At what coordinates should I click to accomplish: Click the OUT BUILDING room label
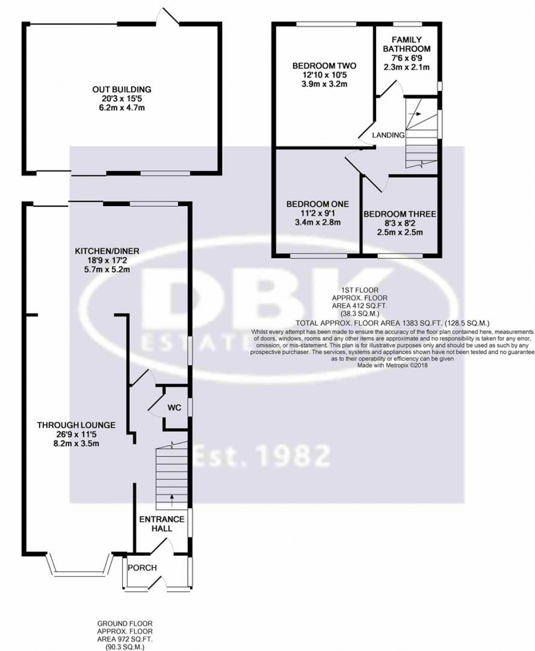(x=122, y=89)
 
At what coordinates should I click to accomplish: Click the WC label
(x=174, y=408)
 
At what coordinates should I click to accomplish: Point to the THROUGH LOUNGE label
(x=76, y=425)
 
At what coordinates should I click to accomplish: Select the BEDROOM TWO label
(x=324, y=66)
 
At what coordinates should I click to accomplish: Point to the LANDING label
(x=388, y=135)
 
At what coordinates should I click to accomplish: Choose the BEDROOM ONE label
(x=318, y=204)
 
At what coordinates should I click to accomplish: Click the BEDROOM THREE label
(x=400, y=214)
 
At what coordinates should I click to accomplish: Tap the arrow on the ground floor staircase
(x=172, y=498)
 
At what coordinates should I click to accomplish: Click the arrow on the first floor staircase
(x=416, y=113)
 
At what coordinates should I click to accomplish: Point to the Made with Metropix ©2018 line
(x=392, y=366)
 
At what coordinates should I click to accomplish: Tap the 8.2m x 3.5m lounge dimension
(x=76, y=444)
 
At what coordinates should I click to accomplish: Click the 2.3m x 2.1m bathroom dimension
(x=406, y=67)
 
